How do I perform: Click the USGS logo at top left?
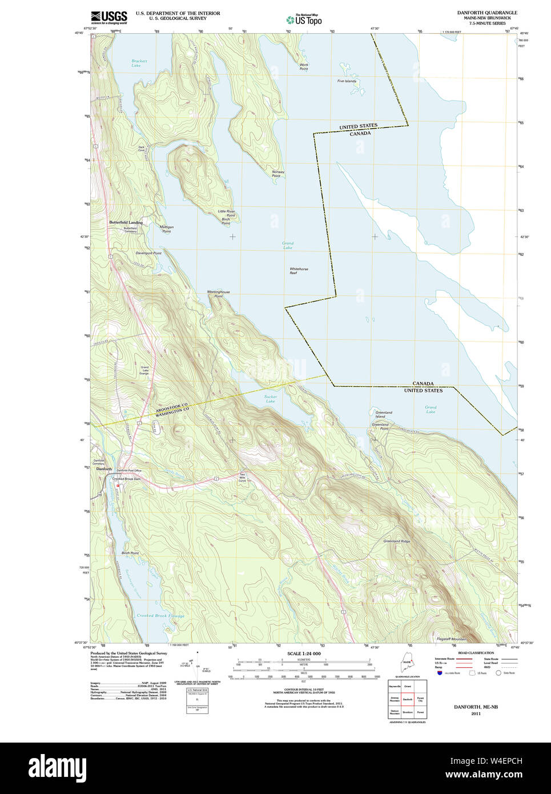108,16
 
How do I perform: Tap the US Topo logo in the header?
304,19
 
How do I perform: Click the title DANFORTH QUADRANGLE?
487,13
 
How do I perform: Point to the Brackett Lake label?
139,63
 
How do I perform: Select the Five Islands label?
346,81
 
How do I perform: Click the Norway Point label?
277,174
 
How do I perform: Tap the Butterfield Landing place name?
126,222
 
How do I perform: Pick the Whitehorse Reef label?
298,271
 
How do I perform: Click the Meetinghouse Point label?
218,294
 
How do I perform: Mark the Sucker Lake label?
270,399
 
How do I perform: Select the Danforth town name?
104,469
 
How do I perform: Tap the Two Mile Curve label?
242,478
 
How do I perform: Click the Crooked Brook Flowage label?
160,616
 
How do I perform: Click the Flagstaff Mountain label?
451,639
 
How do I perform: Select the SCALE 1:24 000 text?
304,653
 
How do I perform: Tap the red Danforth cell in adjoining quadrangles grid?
407,699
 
